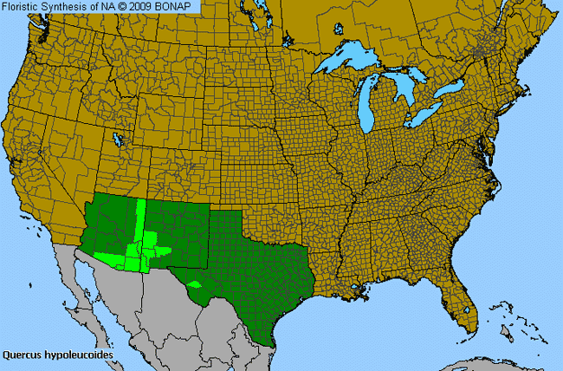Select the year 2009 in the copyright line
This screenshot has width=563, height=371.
[x=143, y=7]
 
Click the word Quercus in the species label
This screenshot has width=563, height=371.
[x=22, y=355]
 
